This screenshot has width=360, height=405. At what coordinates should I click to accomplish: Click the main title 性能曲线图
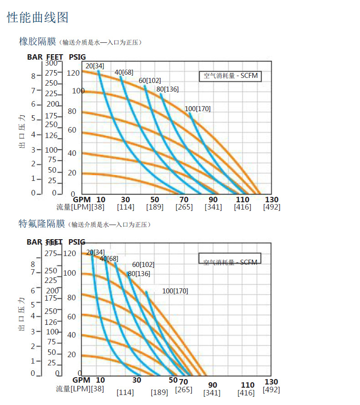point(38,18)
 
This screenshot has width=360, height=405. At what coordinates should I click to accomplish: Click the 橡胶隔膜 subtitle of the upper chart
point(37,42)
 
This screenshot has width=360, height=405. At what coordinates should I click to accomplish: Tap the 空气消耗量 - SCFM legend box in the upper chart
point(231,76)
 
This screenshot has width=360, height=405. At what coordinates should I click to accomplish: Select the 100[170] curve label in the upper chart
point(198,109)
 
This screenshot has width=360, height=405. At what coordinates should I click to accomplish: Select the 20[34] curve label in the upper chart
point(95,66)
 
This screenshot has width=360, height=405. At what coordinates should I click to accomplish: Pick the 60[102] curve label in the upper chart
point(150,81)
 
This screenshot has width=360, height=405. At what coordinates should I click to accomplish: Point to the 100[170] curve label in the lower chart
point(175,291)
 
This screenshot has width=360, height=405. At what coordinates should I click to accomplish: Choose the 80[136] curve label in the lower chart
point(139,274)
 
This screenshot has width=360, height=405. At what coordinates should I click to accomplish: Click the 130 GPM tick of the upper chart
point(272,200)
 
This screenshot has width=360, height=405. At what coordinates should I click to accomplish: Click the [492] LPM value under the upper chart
point(272,207)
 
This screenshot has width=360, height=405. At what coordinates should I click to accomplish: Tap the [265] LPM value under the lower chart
point(184,390)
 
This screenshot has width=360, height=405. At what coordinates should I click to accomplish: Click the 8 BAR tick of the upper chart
point(33,76)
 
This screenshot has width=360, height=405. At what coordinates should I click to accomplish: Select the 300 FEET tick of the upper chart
point(51,63)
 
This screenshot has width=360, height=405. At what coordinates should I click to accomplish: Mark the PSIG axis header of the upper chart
point(77,57)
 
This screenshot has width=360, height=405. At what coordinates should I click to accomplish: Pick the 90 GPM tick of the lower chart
point(212,385)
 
